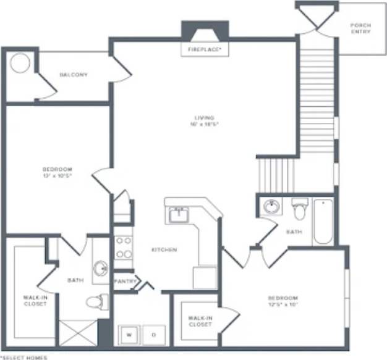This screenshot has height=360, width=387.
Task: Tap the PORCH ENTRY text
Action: coord(360,28)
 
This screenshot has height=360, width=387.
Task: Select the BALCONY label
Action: coord(74,75)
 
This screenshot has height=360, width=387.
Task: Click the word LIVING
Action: coord(204,117)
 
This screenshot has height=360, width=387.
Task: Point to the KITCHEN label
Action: coord(164,249)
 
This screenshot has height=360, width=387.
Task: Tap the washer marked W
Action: coord(129,334)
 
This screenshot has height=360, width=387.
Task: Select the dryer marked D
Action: coord(154,334)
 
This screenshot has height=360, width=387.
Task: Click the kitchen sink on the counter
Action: coord(179,215)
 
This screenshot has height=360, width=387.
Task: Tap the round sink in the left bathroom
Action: coord(100,269)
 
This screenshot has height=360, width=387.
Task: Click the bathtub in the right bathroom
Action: coord(323,222)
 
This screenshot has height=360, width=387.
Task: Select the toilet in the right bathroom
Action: coord(300,210)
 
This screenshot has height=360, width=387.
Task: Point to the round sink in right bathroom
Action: coord(271,207)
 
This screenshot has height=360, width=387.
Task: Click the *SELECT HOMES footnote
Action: coord(23,357)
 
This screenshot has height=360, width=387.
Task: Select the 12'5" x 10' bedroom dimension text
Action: coord(283,304)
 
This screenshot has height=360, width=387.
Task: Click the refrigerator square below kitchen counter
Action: coord(205,277)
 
